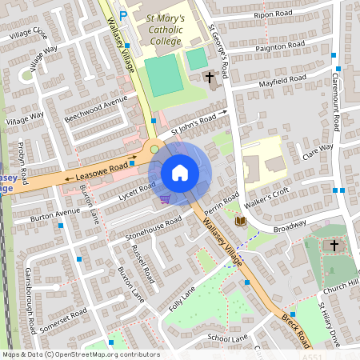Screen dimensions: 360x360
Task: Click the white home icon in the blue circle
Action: (180, 172)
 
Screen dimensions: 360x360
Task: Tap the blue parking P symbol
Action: (122, 14)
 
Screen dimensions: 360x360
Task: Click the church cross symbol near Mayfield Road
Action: (210, 78)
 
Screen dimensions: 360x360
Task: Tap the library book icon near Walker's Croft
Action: (241, 220)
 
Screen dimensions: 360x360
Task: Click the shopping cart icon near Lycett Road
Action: (165, 199)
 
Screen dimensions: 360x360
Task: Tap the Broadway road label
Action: (290, 229)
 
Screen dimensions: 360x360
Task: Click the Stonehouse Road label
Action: (154, 227)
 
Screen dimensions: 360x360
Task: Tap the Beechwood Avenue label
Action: (97, 110)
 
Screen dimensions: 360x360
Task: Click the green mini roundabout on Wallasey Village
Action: (155, 149)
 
